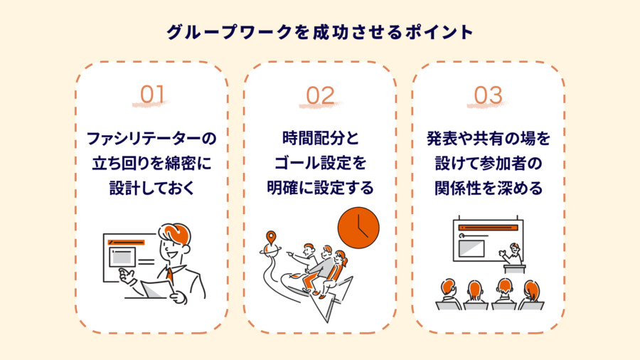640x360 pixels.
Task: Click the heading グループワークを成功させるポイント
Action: (x=320, y=32)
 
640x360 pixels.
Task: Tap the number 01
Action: (x=152, y=95)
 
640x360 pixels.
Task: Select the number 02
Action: (x=321, y=95)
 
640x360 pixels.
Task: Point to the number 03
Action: (x=488, y=95)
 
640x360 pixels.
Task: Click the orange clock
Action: (x=358, y=228)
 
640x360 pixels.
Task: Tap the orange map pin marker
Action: (x=271, y=238)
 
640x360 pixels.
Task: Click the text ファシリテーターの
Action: (x=151, y=138)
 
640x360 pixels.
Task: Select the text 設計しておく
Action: (x=152, y=188)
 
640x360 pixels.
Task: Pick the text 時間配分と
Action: (x=321, y=138)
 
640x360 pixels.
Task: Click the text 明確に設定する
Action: (x=321, y=188)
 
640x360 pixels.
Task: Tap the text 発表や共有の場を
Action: (x=489, y=138)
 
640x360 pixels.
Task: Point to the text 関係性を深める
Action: (x=489, y=188)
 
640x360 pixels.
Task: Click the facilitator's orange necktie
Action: (x=169, y=275)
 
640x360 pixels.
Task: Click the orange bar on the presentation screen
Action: (x=488, y=228)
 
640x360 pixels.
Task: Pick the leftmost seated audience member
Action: (x=449, y=294)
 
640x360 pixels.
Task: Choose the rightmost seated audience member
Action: (x=531, y=295)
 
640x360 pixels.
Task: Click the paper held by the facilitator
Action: (x=157, y=289)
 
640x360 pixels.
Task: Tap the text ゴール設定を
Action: (x=321, y=163)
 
